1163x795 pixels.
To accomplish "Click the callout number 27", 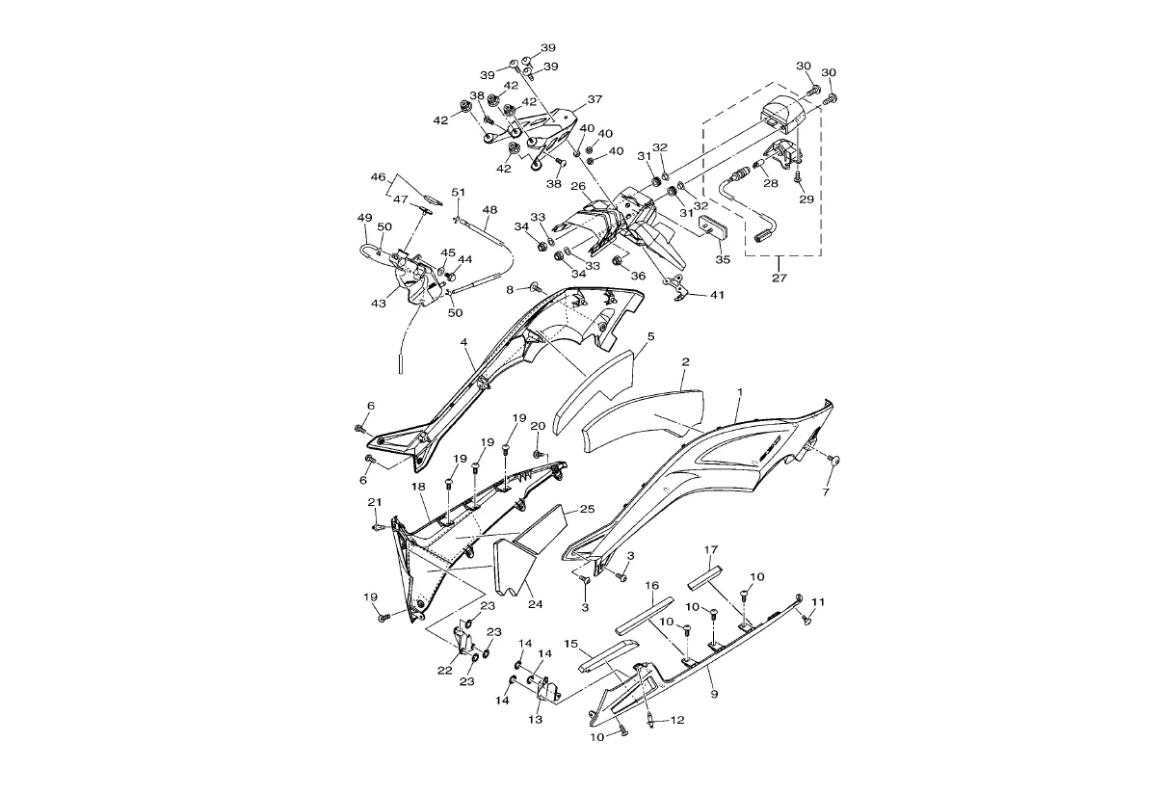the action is click(779, 278).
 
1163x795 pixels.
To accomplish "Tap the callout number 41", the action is click(717, 295).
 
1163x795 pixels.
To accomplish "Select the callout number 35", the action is click(723, 259).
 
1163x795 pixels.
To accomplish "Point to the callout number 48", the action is click(489, 210).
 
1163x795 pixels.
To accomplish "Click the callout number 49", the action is click(365, 217).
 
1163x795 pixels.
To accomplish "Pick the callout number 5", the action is click(650, 336).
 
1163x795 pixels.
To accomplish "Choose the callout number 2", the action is click(685, 362).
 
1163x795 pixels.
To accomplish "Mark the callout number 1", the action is click(740, 391).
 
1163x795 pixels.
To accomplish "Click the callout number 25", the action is click(587, 509).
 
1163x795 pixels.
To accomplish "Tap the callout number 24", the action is click(536, 604).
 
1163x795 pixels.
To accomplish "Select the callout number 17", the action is click(711, 549).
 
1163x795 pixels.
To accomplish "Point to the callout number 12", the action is click(677, 720).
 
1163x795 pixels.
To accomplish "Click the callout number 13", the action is click(536, 719).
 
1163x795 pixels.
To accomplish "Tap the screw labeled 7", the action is click(834, 460).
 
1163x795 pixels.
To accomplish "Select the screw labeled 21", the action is click(378, 527).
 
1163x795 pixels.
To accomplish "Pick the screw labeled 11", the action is click(806, 618).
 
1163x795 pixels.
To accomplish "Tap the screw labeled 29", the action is click(799, 177).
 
